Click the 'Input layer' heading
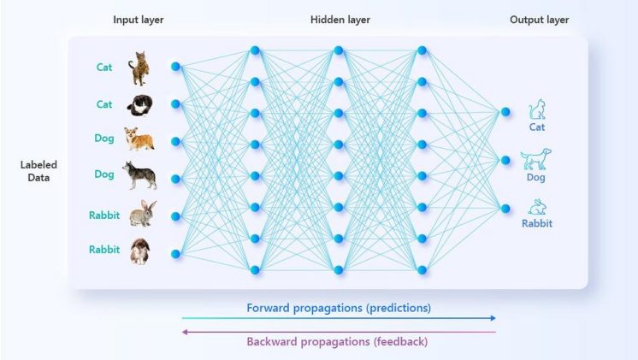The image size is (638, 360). [139, 20]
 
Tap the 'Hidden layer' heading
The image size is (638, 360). [340, 20]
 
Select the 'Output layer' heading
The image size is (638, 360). [539, 20]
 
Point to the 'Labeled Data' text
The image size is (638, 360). [38, 171]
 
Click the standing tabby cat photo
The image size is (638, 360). [139, 68]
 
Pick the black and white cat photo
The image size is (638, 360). [140, 105]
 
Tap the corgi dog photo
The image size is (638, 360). [139, 139]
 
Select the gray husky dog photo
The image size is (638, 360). [139, 175]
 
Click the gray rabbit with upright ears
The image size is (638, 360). [143, 213]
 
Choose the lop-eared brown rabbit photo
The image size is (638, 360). [140, 251]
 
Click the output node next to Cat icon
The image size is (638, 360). [505, 112]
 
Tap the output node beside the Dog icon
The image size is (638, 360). [505, 160]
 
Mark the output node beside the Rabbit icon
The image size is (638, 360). [505, 209]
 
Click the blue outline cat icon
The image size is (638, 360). [537, 109]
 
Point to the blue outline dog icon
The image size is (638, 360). [536, 159]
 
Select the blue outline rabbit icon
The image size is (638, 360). [537, 207]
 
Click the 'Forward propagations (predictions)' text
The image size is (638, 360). [339, 308]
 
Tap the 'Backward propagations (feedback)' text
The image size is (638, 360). [337, 342]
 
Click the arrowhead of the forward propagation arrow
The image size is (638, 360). [493, 318]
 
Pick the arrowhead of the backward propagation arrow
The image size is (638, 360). [185, 332]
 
